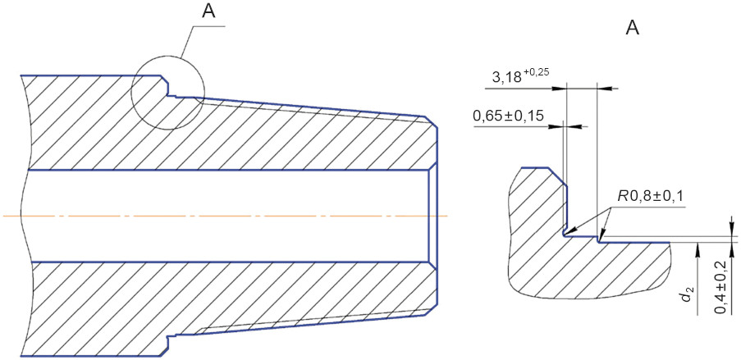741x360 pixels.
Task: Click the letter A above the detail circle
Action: click(208, 11)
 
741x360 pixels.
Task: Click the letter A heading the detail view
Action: click(633, 29)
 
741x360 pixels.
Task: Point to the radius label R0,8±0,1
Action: click(648, 194)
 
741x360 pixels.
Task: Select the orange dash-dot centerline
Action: click(225, 216)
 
